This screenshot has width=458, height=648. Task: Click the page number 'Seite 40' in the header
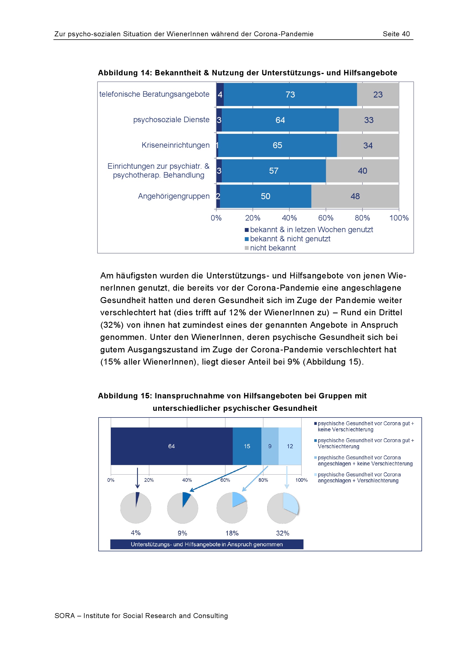click(396, 34)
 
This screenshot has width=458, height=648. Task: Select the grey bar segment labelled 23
click(378, 94)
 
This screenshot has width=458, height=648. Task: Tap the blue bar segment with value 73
click(290, 94)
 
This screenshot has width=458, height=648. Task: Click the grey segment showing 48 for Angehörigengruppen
click(355, 196)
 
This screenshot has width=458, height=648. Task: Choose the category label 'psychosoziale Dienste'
click(171, 120)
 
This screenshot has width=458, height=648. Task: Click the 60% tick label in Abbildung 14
click(325, 218)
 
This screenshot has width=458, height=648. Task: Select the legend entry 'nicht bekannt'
click(272, 248)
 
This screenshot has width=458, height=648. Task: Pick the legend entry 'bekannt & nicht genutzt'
click(290, 239)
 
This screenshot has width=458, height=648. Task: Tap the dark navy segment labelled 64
click(171, 446)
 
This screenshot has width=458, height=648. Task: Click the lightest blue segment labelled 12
click(290, 446)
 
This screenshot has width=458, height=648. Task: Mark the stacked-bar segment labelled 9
click(270, 446)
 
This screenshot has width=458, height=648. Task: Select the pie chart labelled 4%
click(136, 508)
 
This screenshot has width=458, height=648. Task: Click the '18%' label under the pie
click(232, 533)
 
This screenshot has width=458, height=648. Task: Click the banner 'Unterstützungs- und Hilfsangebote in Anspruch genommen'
click(207, 544)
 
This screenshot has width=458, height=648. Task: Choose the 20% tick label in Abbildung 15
click(149, 480)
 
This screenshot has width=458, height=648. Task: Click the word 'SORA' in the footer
click(65, 616)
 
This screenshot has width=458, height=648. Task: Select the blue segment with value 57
click(274, 171)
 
